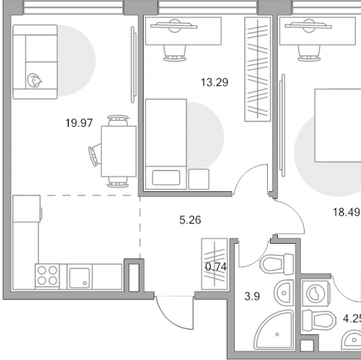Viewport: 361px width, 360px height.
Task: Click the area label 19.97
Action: [x=79, y=123]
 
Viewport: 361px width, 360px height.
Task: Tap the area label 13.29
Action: [x=214, y=82]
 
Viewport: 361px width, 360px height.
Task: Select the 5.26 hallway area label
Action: [x=190, y=220]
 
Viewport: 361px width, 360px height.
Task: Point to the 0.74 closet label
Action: [x=216, y=267]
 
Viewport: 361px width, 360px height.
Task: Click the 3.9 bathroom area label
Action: [x=252, y=297]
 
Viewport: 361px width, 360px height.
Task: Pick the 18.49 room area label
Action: [x=347, y=212]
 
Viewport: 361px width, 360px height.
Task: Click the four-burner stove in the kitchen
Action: [x=48, y=276]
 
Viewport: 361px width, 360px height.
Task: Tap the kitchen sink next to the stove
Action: [x=79, y=276]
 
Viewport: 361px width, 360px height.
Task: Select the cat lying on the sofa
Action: [x=35, y=80]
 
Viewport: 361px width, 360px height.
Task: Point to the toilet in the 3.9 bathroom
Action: [x=277, y=264]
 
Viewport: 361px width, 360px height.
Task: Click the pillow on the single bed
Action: [x=166, y=177]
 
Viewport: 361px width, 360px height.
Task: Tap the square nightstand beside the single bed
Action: [x=199, y=179]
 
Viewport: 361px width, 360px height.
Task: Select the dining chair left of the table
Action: [x=95, y=154]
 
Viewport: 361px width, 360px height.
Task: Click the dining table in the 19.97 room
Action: [x=118, y=152]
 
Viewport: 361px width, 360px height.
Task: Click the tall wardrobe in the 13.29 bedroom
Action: [x=258, y=69]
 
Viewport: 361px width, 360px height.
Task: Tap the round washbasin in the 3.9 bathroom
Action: [x=284, y=293]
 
